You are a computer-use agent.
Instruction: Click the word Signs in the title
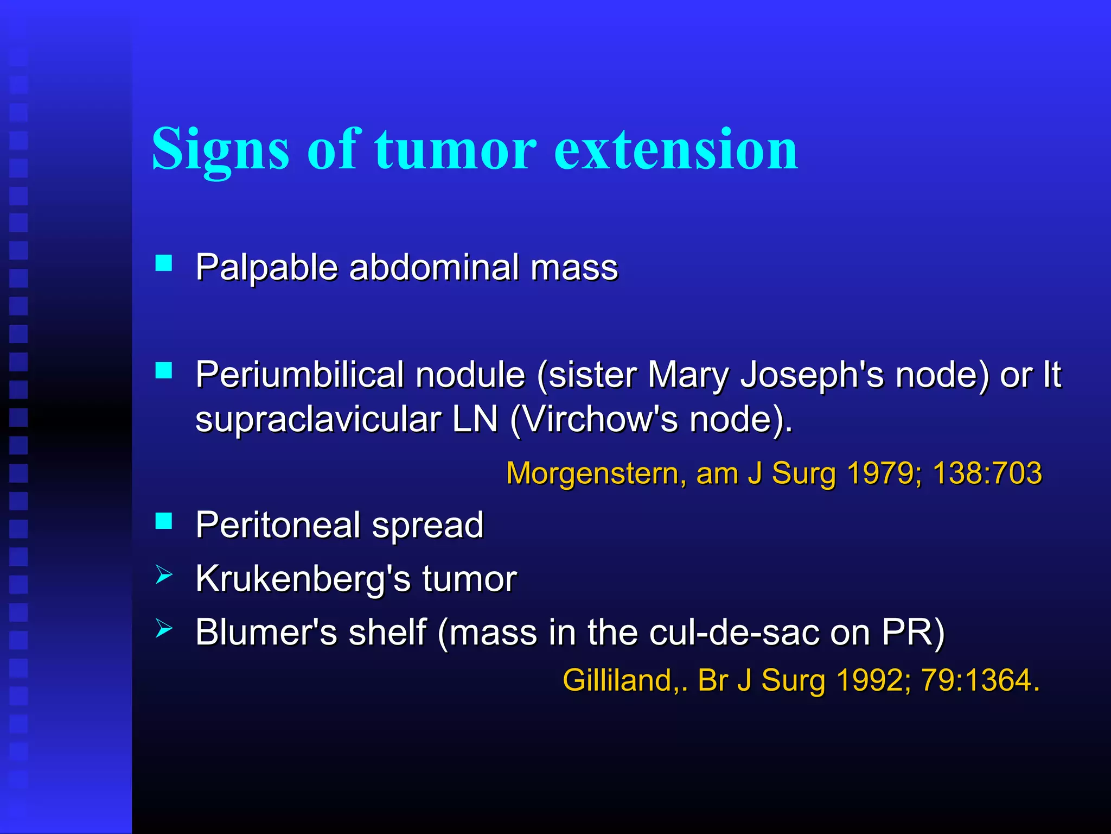pos(220,149)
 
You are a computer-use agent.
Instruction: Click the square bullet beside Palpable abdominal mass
pos(163,263)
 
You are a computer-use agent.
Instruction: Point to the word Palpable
pos(266,268)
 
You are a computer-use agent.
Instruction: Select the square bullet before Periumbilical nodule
pos(163,371)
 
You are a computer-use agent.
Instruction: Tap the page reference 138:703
pos(987,473)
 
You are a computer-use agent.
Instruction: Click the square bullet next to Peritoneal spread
pos(163,521)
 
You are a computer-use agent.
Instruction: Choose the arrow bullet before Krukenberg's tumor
pos(163,574)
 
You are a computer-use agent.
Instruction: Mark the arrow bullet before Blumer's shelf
pos(163,628)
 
